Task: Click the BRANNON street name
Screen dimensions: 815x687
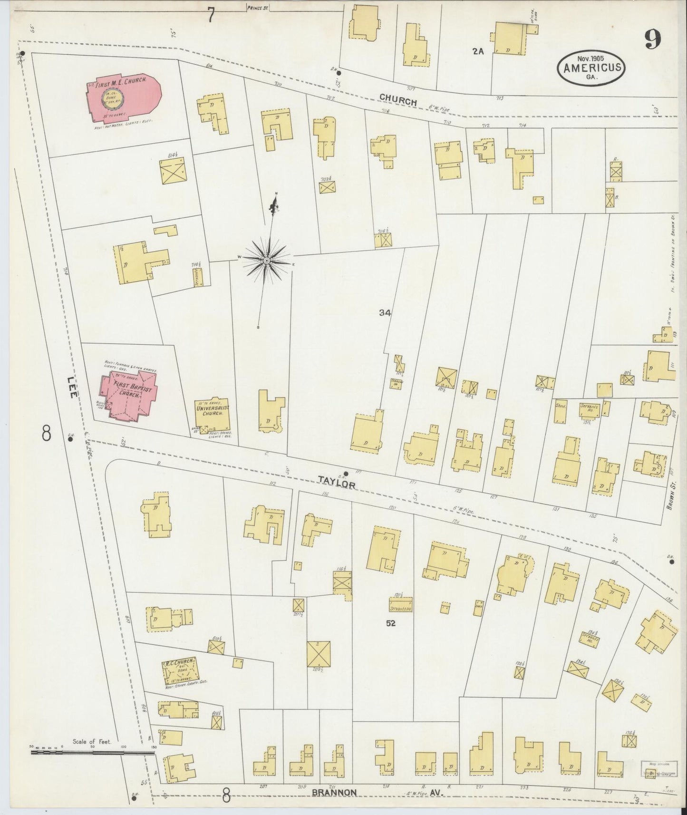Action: click(334, 792)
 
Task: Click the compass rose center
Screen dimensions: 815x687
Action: click(267, 261)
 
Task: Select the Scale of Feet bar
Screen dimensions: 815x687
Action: click(90, 752)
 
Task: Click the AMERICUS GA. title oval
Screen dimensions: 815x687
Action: click(592, 67)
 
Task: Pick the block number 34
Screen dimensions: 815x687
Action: click(385, 312)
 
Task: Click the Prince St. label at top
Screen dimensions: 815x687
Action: click(258, 7)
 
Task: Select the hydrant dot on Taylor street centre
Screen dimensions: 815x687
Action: click(346, 473)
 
